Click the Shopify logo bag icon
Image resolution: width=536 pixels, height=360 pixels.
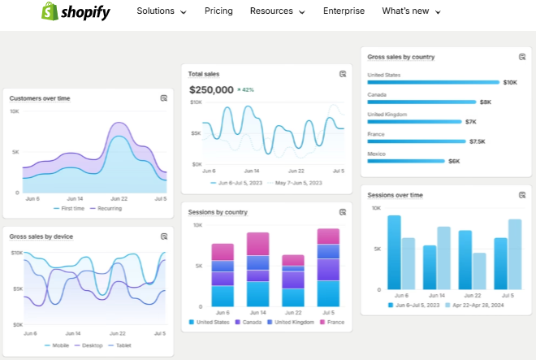50,11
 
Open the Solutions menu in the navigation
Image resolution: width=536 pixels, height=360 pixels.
161,11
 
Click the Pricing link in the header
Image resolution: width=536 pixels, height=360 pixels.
218,11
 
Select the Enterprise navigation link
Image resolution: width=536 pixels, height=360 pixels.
344,11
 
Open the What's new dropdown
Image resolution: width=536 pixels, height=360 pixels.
411,11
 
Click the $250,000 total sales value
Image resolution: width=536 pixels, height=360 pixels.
211,89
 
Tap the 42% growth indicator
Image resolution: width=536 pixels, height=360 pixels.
245,90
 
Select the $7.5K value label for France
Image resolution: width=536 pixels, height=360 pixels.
477,141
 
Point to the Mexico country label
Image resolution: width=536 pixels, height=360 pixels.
376,154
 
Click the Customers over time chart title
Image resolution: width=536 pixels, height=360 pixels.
40,98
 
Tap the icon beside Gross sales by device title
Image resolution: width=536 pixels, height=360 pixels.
163,236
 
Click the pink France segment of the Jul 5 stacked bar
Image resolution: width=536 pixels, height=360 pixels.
328,236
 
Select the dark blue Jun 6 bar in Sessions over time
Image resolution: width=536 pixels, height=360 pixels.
394,252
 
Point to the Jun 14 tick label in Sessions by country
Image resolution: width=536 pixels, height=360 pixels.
258,312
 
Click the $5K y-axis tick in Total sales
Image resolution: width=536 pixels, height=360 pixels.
196,133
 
